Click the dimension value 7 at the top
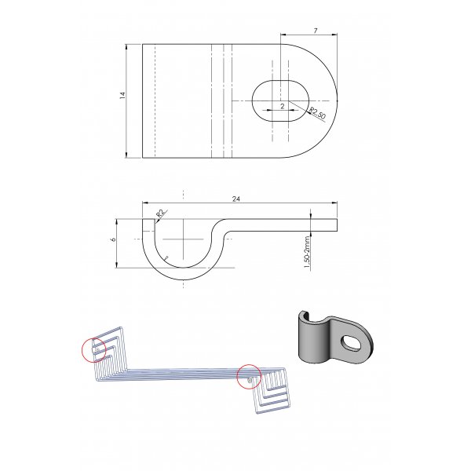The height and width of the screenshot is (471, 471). [316, 31]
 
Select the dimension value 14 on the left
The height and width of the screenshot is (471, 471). [122, 96]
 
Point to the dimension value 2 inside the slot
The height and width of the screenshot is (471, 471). [283, 106]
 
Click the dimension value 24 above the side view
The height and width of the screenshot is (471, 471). [236, 199]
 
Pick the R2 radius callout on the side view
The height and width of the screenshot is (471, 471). [161, 214]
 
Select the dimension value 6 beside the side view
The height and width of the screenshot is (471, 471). [113, 239]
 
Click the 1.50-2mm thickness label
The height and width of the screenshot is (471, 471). [307, 252]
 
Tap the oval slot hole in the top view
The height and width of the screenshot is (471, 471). [280, 101]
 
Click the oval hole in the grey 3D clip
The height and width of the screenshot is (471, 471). [351, 342]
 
